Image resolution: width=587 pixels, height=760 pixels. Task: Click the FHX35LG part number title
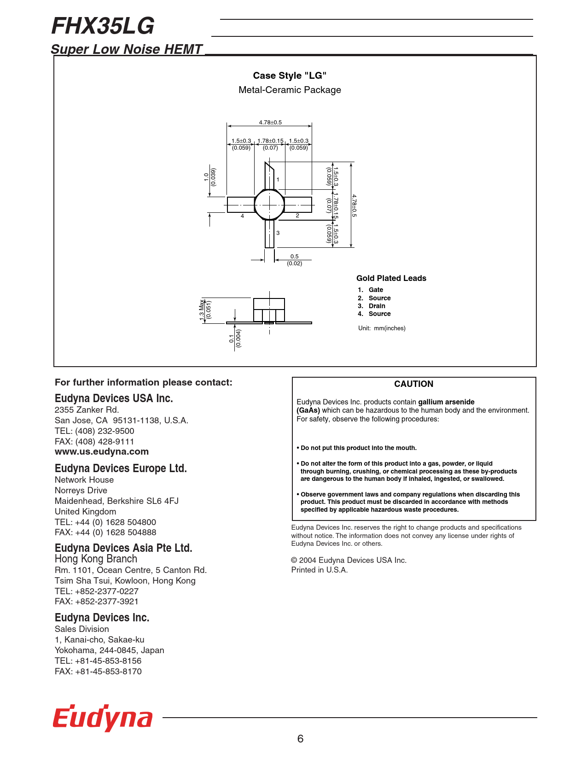[x=103, y=26]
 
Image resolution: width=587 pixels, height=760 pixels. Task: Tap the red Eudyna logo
[x=102, y=718]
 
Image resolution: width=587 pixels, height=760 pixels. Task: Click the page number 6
[x=300, y=739]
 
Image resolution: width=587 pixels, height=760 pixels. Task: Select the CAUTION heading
[x=413, y=384]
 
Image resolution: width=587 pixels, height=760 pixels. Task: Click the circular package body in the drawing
[x=269, y=205]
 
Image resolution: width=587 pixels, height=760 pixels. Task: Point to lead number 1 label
[x=278, y=180]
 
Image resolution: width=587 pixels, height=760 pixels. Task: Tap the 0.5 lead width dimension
[x=294, y=257]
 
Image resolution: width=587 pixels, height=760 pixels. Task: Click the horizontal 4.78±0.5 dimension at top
[x=270, y=123]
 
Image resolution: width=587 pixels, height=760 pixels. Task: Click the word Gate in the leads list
[x=376, y=290]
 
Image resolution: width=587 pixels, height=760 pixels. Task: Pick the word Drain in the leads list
[x=377, y=306]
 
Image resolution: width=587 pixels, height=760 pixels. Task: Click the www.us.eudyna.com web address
[x=102, y=452]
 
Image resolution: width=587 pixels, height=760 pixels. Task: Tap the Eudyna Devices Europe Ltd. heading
[x=121, y=468]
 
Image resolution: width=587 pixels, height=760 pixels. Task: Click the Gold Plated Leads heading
[x=391, y=278]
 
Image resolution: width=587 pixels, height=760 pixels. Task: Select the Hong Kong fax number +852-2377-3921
[x=106, y=602]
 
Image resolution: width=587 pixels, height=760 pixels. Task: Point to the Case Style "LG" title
[x=290, y=76]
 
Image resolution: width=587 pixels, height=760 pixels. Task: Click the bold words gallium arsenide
[x=446, y=402]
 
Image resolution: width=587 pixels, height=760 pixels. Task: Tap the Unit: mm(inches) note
[x=382, y=328]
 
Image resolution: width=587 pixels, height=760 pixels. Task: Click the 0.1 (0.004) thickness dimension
[x=235, y=339]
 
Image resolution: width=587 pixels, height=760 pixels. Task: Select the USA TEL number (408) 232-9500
[x=105, y=431]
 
